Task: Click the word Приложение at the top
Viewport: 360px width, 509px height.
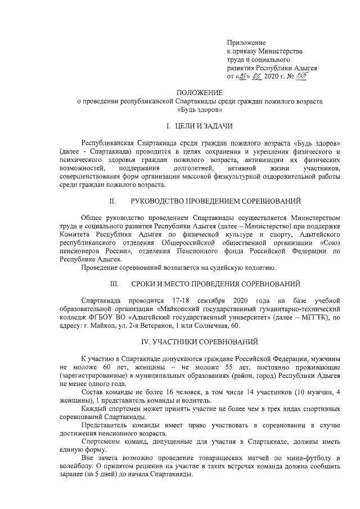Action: (246, 43)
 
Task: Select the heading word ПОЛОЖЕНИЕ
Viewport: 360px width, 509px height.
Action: (200, 92)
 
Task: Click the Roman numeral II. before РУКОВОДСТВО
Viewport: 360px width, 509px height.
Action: (112, 201)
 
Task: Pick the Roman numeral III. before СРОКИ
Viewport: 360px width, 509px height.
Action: (114, 282)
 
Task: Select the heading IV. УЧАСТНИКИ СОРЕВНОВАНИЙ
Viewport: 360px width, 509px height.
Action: (199, 341)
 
